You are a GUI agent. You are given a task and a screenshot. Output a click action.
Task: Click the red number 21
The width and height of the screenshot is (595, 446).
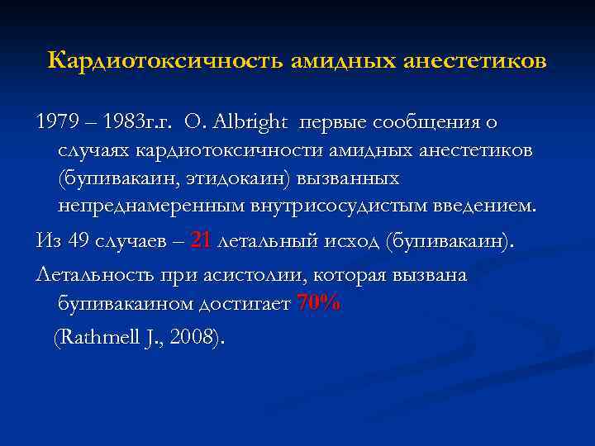(201, 241)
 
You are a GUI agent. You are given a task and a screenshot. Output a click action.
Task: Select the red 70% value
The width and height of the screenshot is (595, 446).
(318, 303)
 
